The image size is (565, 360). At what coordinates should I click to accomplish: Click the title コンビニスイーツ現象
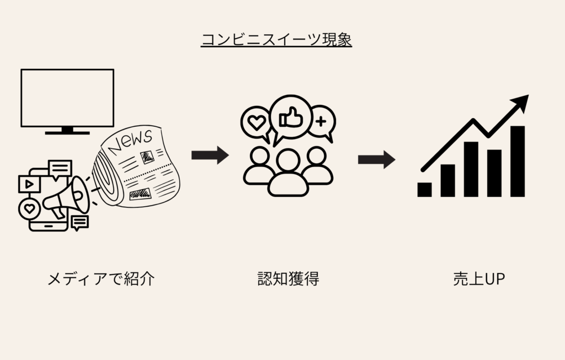(x=276, y=40)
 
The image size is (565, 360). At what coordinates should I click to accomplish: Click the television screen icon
(x=67, y=98)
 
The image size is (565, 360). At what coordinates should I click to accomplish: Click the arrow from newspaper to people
(x=210, y=155)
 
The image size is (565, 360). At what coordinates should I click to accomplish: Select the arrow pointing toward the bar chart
(x=376, y=159)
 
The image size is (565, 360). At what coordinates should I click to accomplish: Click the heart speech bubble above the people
(x=256, y=123)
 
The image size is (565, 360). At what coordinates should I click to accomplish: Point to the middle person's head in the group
(x=287, y=162)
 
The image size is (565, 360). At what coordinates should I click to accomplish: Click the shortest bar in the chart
(x=424, y=190)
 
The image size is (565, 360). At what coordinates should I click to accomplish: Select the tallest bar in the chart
(x=517, y=161)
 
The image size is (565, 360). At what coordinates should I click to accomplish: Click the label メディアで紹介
(x=101, y=279)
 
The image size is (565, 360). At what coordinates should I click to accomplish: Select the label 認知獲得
(x=288, y=279)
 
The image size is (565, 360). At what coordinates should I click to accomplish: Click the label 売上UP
(x=478, y=279)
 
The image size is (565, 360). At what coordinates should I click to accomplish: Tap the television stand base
(x=67, y=132)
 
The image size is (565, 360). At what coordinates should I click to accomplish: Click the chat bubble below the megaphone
(x=80, y=222)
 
